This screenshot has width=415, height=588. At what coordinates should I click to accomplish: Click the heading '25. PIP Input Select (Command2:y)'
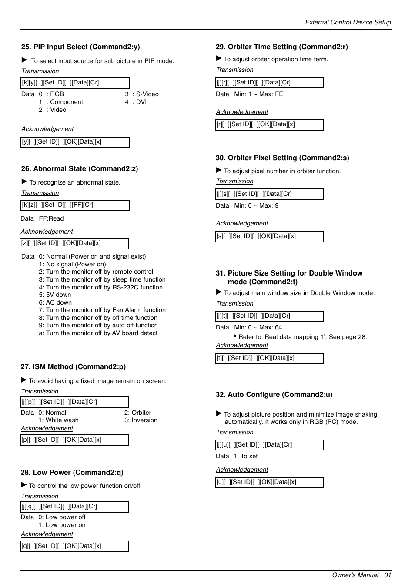tap(80, 47)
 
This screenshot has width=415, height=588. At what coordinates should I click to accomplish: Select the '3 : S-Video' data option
tap(142, 94)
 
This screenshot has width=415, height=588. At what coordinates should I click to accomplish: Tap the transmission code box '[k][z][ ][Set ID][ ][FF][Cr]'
tap(75, 205)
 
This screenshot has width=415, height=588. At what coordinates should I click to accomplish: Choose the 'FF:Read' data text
tap(51, 218)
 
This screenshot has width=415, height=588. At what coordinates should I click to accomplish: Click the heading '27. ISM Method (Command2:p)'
tap(73, 367)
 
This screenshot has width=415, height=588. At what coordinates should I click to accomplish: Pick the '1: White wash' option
tap(58, 420)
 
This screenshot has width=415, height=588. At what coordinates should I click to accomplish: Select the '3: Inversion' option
tap(141, 420)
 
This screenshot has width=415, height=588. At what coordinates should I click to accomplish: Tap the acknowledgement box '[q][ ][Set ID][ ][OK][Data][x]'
tap(74, 546)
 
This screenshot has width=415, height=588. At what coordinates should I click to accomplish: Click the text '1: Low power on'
tap(62, 525)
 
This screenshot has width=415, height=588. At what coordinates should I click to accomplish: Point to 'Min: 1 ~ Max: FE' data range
tap(258, 94)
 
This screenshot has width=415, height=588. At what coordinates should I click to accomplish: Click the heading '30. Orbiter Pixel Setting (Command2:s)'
tap(282, 158)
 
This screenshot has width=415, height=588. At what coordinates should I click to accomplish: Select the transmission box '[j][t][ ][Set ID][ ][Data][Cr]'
tap(269, 316)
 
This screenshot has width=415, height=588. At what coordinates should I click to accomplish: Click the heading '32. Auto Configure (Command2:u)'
tap(274, 395)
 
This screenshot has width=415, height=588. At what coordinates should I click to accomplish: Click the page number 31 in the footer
tap(388, 575)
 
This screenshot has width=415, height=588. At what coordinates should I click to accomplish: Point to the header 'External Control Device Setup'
tap(348, 22)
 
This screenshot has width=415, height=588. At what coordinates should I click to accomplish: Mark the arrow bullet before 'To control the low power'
tap(24, 485)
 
